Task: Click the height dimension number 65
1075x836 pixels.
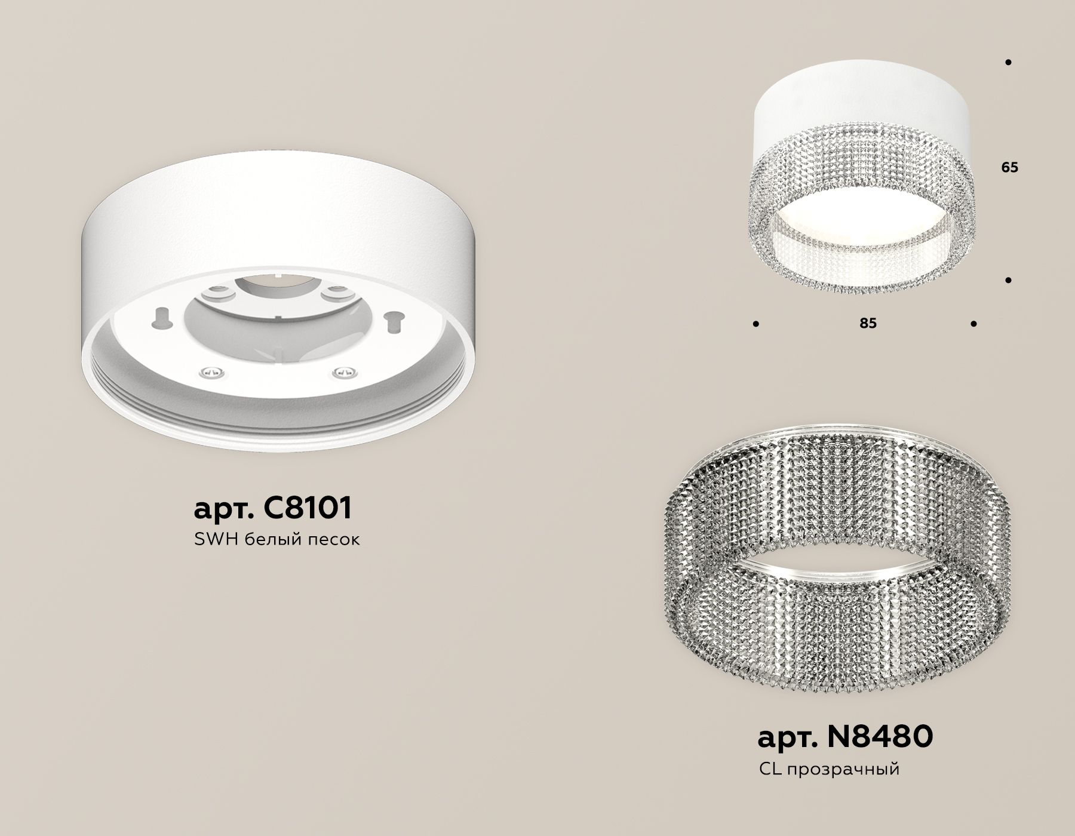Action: (1009, 168)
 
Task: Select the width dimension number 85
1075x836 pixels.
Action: (868, 323)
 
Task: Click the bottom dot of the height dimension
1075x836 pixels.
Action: (1009, 279)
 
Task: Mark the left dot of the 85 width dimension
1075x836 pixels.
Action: (756, 324)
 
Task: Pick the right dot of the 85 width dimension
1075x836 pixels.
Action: (974, 324)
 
